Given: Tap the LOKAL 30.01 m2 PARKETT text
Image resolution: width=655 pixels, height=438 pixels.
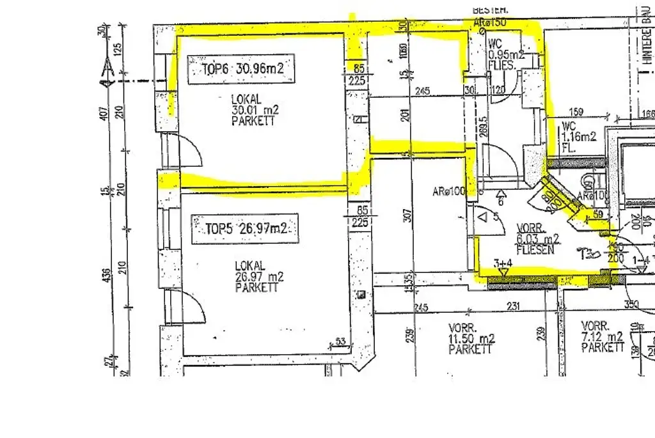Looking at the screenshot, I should pos(255,110).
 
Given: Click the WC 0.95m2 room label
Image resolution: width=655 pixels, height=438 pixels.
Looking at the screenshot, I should pos(505,54).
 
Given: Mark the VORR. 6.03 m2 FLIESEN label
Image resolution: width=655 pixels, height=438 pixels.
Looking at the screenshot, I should pos(536,239).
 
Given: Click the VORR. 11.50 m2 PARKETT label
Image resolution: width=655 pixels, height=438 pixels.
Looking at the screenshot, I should pos(471,338).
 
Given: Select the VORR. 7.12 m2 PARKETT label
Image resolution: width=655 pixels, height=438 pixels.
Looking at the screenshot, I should pos(603,336).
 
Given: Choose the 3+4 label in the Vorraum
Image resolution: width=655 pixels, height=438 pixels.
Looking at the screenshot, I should pos(503,263).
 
